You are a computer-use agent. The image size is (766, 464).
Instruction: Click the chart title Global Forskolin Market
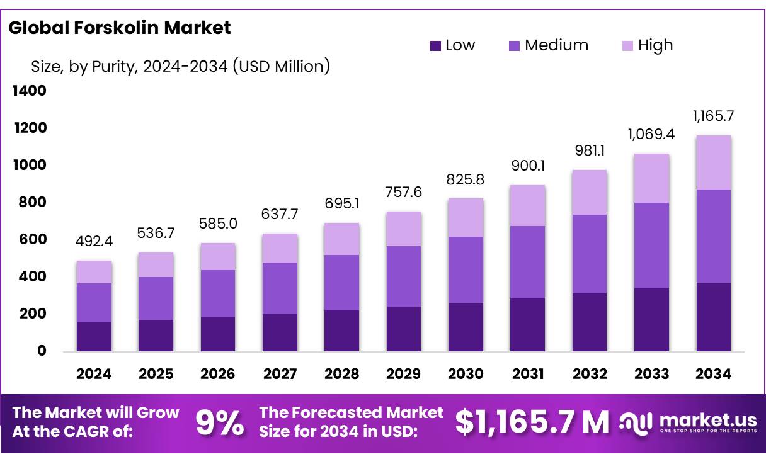pos(120,28)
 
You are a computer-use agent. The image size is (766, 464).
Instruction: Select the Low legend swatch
pos(435,45)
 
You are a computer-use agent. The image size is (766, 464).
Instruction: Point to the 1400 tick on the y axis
pos(30,91)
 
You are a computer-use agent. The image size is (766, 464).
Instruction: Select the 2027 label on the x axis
pos(280,374)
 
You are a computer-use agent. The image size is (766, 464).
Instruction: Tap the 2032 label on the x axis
pos(590,374)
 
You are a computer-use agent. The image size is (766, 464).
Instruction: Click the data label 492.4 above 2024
pos(94,242)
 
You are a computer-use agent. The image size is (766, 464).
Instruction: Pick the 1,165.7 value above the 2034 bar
pos(714,116)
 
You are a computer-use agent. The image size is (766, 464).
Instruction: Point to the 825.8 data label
pos(466,179)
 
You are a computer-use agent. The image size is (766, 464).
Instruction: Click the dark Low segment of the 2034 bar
pos(714,317)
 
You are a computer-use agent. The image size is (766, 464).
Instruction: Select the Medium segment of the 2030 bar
pos(466,269)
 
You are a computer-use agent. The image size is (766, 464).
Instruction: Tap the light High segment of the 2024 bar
pos(94,272)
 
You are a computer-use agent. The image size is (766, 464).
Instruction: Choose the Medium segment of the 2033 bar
pos(651,246)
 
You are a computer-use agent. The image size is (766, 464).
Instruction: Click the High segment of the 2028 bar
pos(341,239)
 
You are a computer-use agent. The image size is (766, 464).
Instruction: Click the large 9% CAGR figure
pos(220,422)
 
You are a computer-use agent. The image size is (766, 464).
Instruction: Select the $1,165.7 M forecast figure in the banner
pos(532,422)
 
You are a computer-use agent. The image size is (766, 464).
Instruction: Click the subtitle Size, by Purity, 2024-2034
pos(180,65)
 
